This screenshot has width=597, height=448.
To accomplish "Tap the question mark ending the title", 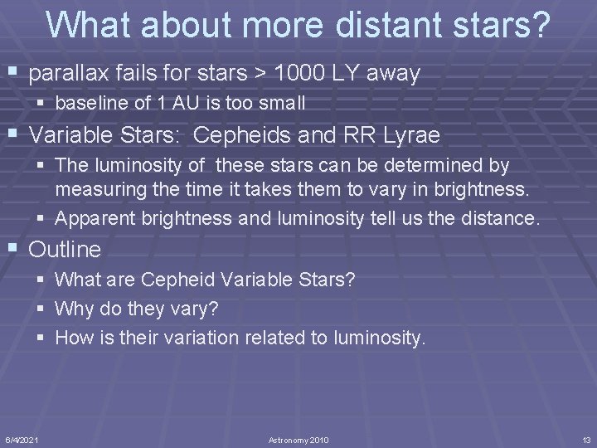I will pyautogui.click(x=540, y=26).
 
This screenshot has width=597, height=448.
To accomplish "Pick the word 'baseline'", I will pyautogui.click(x=87, y=104).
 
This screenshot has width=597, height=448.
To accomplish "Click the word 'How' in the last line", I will pyautogui.click(x=73, y=338).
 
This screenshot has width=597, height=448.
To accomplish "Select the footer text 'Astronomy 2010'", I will pyautogui.click(x=298, y=439).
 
